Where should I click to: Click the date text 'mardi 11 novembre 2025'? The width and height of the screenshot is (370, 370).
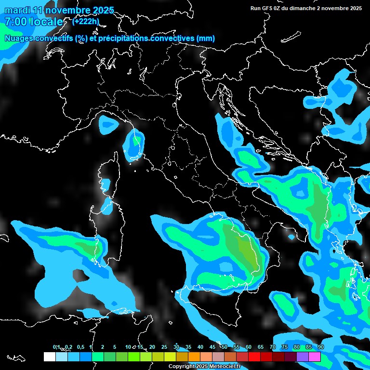point(59,10)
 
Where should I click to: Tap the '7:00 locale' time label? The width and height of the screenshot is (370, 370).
point(34,22)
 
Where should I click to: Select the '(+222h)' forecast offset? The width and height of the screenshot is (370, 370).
point(86,21)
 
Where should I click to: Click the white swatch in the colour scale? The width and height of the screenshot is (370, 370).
point(49,357)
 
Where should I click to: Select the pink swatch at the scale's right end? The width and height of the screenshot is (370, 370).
point(314,357)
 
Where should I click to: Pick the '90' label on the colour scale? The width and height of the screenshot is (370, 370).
point(321,347)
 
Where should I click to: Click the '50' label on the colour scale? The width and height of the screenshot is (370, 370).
point(225,347)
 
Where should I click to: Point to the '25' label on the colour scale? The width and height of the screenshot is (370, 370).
point(164,347)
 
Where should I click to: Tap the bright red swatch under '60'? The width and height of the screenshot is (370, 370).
point(254,357)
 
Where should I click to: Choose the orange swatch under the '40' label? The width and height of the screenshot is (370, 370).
point(194,357)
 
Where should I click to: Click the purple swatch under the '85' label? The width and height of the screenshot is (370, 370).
point(302,357)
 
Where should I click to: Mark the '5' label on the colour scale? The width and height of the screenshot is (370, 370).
point(115,347)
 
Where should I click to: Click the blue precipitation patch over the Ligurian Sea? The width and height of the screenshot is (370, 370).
point(108,125)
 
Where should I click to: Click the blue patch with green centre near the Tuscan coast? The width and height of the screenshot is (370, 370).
point(134,145)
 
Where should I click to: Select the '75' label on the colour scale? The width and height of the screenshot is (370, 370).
point(285,347)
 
